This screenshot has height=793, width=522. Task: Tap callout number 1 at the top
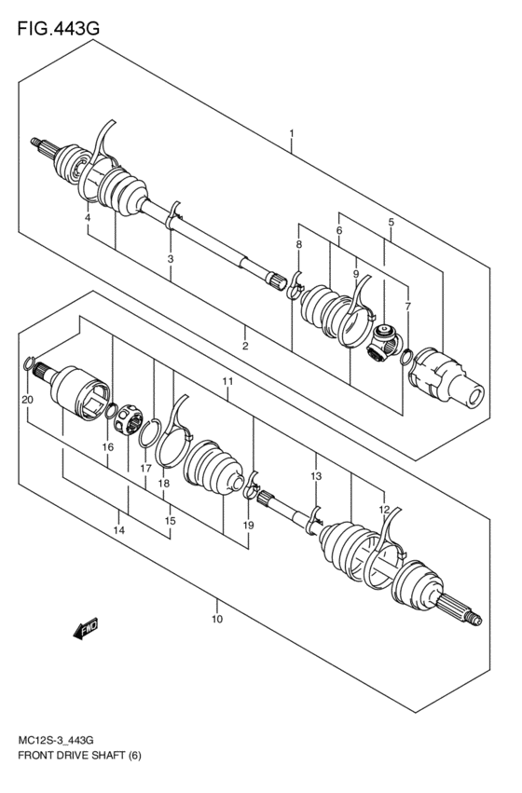pyautogui.click(x=291, y=133)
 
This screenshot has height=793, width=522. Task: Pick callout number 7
pyautogui.click(x=406, y=307)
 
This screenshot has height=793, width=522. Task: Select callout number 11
pyautogui.click(x=227, y=382)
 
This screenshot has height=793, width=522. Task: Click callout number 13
pyautogui.click(x=316, y=476)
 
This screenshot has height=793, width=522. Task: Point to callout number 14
pyautogui.click(x=118, y=530)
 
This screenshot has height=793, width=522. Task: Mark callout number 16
pyautogui.click(x=108, y=447)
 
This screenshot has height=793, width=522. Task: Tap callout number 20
pyautogui.click(x=27, y=400)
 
